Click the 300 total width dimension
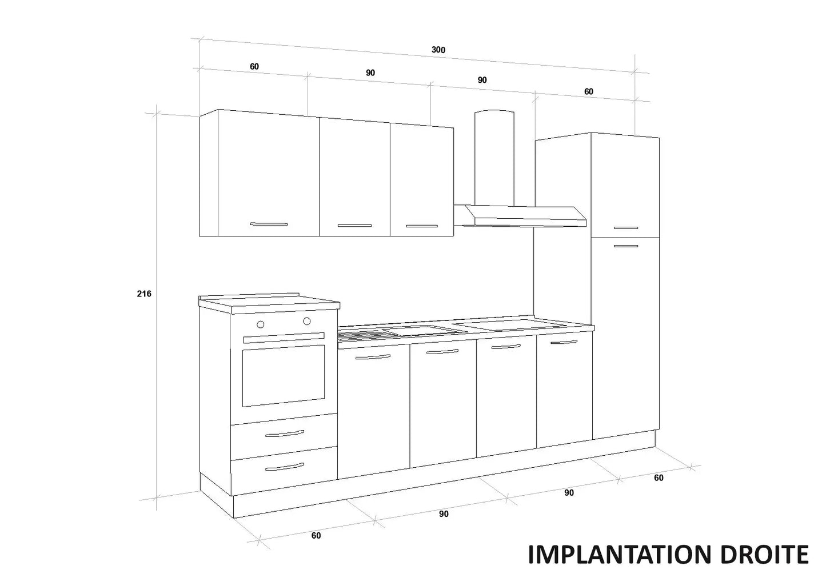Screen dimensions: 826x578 438,50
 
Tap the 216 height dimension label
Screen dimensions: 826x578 144,294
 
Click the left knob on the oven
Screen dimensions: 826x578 260,324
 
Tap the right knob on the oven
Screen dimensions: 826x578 307,321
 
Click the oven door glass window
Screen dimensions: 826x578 284,376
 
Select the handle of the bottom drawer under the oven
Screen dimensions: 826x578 285,467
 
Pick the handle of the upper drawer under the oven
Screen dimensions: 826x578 285,433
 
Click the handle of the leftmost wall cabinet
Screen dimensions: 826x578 269,224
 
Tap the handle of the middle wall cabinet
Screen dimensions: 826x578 354,226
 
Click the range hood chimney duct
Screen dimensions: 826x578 494,158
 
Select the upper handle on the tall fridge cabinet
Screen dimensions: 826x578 626,228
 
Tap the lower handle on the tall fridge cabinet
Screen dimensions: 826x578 626,246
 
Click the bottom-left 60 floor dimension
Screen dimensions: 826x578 316,536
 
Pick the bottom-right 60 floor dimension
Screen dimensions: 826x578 659,478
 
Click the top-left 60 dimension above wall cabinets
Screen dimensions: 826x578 254,67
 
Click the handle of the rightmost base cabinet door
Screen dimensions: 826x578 564,342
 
